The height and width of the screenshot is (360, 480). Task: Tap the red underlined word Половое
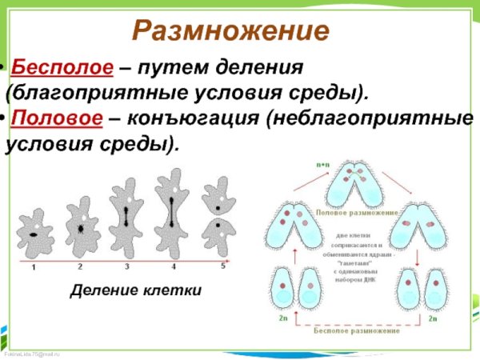tap(57, 118)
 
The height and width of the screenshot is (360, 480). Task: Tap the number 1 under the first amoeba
tap(33, 267)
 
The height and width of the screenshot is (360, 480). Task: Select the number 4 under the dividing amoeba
tap(174, 266)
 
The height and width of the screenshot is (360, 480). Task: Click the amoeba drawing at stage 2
tap(82, 226)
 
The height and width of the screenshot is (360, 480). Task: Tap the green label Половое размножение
tap(357, 213)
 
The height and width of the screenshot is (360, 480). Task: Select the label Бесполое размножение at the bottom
tap(358, 329)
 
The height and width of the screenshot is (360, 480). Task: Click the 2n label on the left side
tap(282, 318)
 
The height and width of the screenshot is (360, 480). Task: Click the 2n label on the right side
tap(433, 318)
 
